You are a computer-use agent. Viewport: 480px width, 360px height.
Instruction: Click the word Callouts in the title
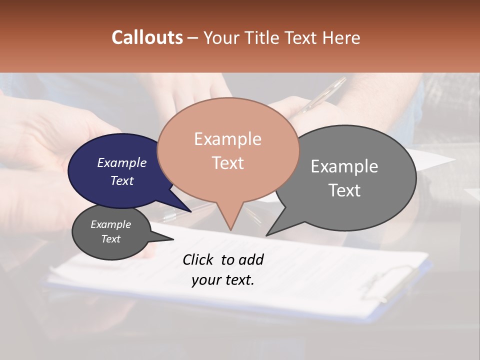(x=147, y=37)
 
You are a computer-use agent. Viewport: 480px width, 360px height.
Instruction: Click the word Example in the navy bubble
(x=121, y=162)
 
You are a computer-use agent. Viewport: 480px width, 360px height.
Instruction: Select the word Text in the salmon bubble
(x=228, y=163)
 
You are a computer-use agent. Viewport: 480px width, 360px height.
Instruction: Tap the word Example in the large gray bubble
(x=344, y=166)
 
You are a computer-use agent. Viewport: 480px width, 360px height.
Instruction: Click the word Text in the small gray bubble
(x=111, y=239)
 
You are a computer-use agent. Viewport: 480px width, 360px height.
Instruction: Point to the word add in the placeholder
(x=250, y=259)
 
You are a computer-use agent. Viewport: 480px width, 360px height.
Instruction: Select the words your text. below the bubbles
(x=223, y=280)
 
